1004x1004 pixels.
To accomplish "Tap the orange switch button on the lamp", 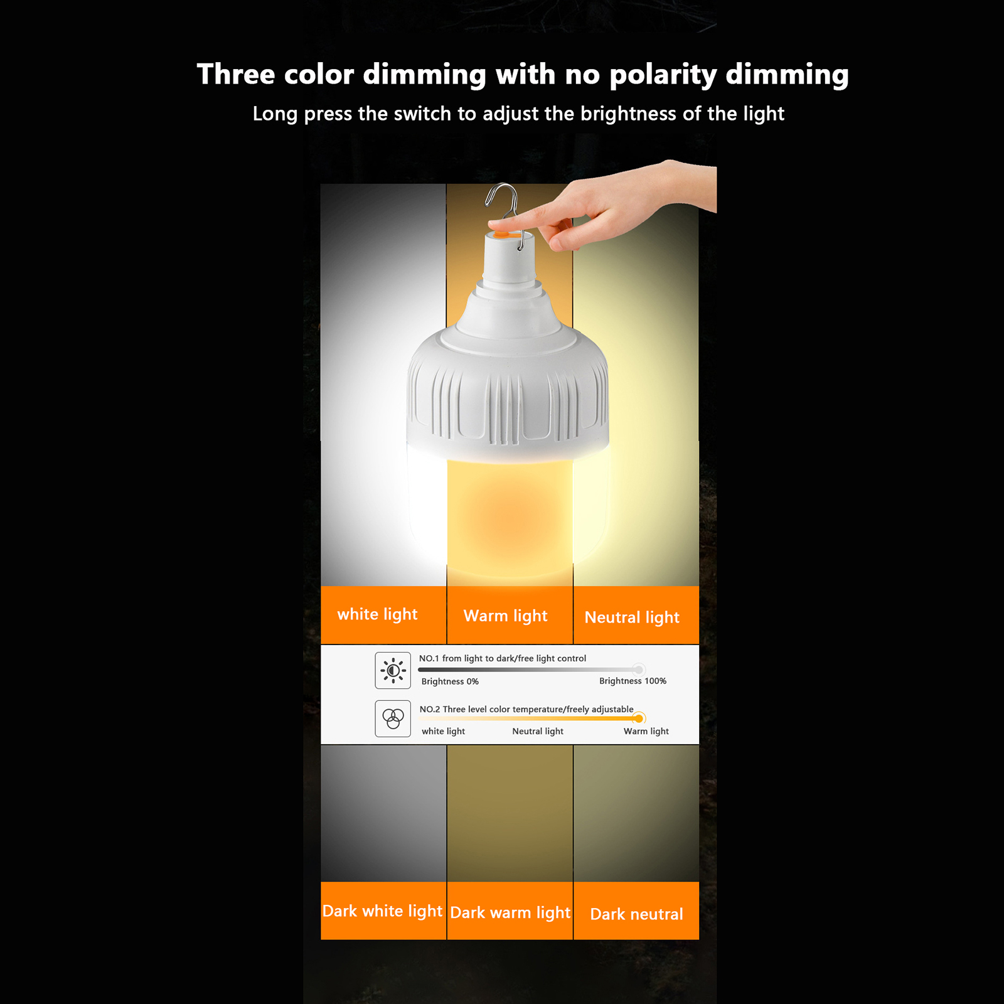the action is coord(502,234).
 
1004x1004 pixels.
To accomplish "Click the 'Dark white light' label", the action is coord(382,911).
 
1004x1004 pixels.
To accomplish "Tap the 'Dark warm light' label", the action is coord(510,912).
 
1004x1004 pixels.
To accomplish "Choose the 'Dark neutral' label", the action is coord(636,914).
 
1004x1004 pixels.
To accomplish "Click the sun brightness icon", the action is coord(393,670).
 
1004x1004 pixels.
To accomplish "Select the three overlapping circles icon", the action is coord(393,718).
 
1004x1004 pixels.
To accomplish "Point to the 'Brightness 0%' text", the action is coord(450,681).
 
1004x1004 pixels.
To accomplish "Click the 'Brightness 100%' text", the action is coord(633,681).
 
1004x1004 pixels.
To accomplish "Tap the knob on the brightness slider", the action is coord(638,670).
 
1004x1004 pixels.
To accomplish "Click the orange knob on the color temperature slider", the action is coord(639,718).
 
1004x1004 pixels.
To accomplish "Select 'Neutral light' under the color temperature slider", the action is coord(538,731).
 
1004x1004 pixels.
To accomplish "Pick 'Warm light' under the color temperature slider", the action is coord(646,731).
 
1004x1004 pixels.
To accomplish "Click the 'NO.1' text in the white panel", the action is coord(429,658).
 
